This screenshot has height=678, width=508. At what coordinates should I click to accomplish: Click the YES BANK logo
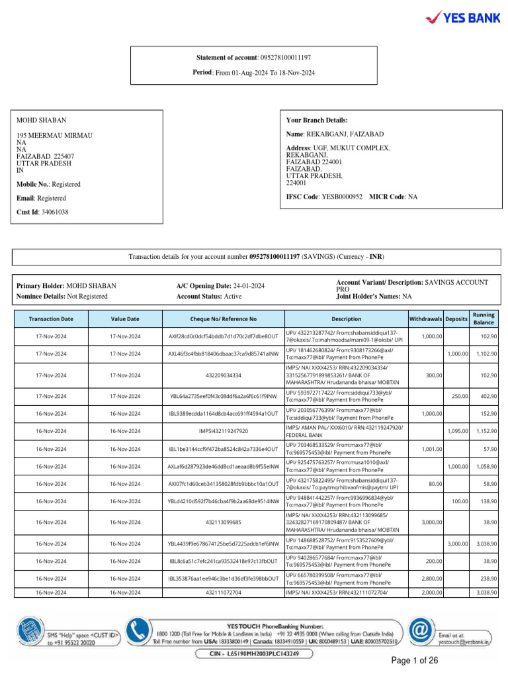(462, 18)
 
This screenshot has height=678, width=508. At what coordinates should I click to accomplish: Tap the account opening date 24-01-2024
(249, 285)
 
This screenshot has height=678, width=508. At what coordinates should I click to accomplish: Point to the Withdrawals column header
(426, 318)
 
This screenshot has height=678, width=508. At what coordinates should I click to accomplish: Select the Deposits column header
(456, 318)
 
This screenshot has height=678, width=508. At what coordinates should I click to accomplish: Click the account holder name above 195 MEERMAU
(42, 121)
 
